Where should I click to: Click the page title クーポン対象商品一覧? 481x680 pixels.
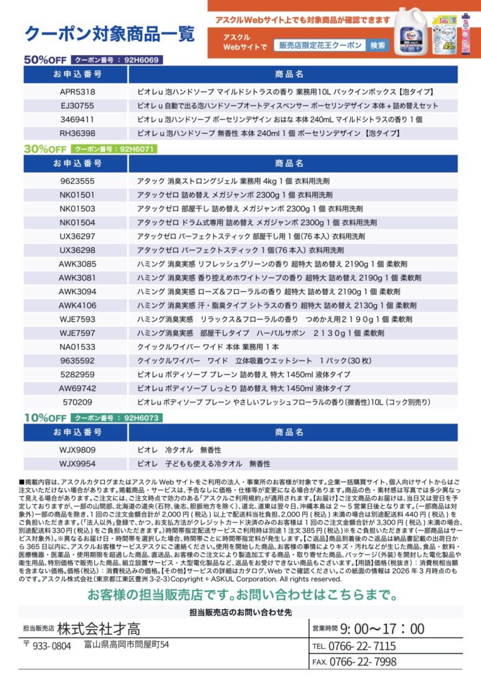point(109,33)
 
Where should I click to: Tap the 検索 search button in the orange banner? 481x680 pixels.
point(378,46)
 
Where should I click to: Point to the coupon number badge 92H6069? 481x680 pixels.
point(117,59)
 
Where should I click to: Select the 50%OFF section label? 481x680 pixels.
point(45,59)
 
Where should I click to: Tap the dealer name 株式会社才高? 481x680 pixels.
point(98,628)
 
